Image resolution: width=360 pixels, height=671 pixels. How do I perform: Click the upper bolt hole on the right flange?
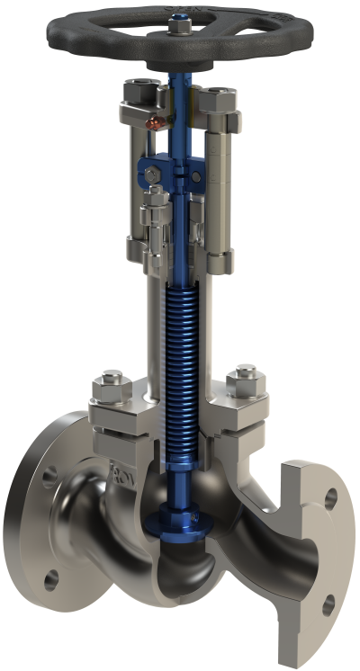point(330,497)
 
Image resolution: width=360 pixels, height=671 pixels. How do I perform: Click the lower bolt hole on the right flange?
point(329,604)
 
